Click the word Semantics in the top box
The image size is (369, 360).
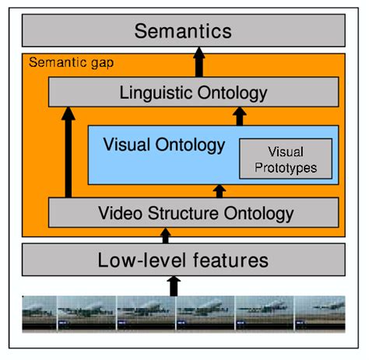(183, 31)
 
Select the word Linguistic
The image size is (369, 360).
(159, 93)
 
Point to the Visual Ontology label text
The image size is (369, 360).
(164, 145)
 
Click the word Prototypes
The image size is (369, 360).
(285, 166)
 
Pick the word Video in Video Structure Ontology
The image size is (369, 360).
(118, 212)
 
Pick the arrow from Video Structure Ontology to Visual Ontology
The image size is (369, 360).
(219, 190)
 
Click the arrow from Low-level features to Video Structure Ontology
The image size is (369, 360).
(165, 234)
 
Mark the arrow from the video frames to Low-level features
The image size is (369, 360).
(174, 285)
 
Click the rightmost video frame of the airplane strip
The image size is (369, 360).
(320, 313)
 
